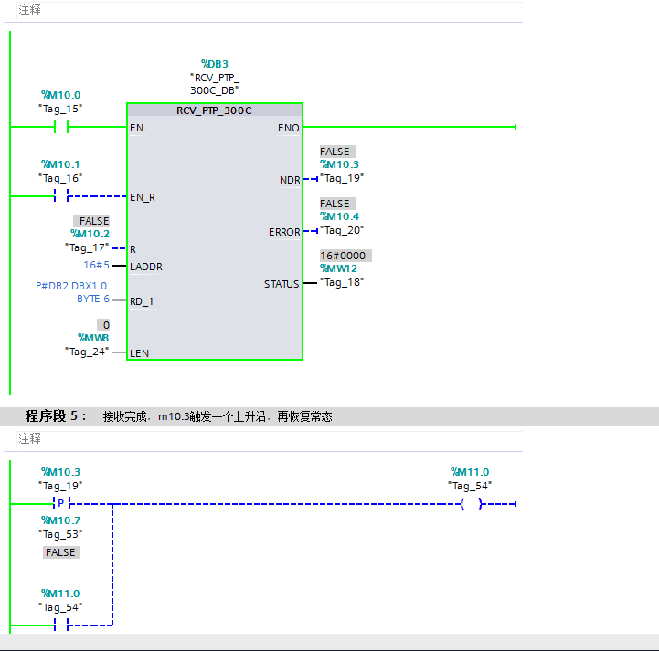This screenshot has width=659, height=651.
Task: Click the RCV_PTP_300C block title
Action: click(214, 110)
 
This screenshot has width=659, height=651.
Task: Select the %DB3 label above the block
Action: click(214, 64)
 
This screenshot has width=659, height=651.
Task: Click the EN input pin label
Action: click(136, 128)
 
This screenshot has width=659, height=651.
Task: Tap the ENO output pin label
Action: click(288, 128)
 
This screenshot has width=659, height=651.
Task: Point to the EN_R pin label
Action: click(142, 196)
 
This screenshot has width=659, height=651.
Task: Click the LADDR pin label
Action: click(146, 267)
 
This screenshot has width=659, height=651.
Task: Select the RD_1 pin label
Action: click(143, 300)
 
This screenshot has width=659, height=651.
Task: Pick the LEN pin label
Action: click(139, 353)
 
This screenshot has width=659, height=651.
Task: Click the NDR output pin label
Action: click(290, 180)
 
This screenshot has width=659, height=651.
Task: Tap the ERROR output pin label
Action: click(284, 232)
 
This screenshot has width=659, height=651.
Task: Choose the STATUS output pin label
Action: click(282, 284)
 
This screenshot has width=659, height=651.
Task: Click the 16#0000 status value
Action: click(345, 256)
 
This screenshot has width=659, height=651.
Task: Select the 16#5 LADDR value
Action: click(96, 265)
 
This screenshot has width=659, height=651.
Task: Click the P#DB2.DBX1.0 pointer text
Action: click(71, 286)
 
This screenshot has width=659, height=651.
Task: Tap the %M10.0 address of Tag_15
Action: click(60, 95)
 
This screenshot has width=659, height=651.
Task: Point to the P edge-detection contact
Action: click(61, 503)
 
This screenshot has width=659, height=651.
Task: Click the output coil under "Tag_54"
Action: click(470, 503)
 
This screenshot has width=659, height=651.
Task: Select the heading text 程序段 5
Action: click(55, 416)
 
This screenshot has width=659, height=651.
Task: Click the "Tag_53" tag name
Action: click(60, 533)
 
